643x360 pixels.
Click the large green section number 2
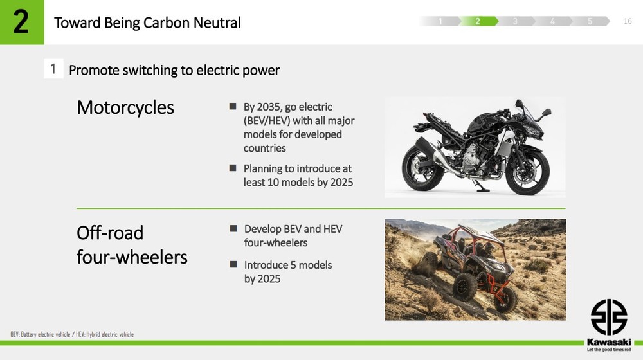pyautogui.click(x=21, y=22)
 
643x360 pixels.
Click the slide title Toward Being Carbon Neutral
pyautogui.click(x=147, y=22)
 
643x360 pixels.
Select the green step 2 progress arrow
pyautogui.click(x=478, y=21)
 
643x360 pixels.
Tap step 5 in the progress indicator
pyautogui.click(x=590, y=21)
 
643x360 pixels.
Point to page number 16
pyautogui.click(x=628, y=21)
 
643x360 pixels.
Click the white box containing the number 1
pyautogui.click(x=53, y=69)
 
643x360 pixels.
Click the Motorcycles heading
pyautogui.click(x=125, y=107)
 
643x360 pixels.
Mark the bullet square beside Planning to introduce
pyautogui.click(x=233, y=168)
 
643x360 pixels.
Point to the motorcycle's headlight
pyautogui.click(x=534, y=130)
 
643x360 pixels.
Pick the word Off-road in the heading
pyautogui.click(x=110, y=233)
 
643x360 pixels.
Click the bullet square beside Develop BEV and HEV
pyautogui.click(x=233, y=228)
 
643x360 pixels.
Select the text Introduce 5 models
pyautogui.click(x=288, y=265)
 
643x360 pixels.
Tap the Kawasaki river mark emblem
pyautogui.click(x=609, y=317)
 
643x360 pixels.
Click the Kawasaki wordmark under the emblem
pyautogui.click(x=609, y=342)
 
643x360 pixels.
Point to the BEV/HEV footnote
pyautogui.click(x=72, y=334)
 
